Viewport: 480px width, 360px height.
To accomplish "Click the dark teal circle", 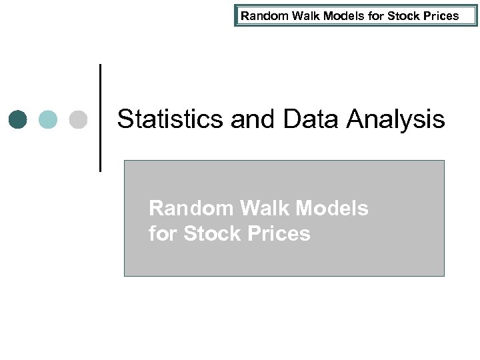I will tap(19, 120).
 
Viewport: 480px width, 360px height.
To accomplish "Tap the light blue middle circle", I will tap(48, 120).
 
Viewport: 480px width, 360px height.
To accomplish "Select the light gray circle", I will tap(78, 120).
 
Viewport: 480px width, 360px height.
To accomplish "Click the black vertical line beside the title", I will tap(101, 117).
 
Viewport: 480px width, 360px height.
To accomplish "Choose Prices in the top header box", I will tap(437, 15).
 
